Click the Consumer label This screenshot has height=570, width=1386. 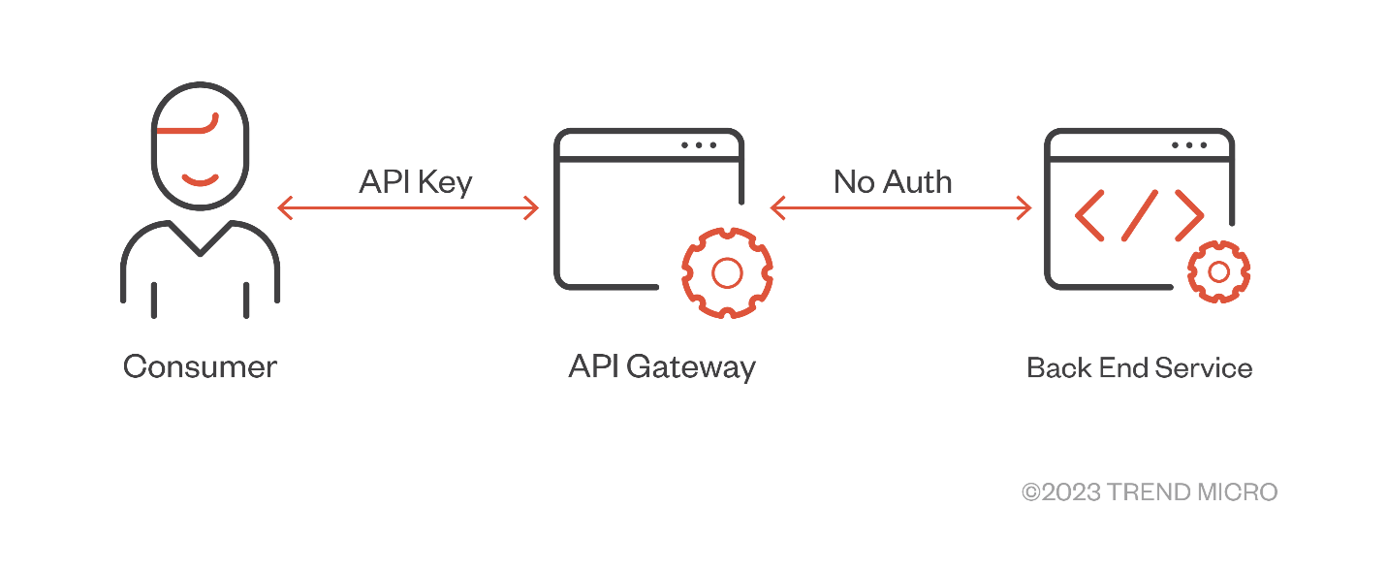200,367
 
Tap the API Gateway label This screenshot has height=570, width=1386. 661,367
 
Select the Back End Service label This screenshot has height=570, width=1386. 1139,368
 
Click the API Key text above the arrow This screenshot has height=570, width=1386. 415,182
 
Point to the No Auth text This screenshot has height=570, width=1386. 893,181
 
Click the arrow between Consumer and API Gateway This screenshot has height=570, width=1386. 407,207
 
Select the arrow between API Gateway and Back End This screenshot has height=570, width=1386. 900,207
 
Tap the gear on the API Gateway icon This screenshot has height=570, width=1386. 726,272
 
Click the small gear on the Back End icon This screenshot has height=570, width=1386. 1218,269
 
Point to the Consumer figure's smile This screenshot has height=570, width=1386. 201,178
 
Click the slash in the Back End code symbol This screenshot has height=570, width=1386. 1140,214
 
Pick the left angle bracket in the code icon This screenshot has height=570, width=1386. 1088,214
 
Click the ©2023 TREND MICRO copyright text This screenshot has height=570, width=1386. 1150,492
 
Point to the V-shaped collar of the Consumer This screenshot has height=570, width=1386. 200,242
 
